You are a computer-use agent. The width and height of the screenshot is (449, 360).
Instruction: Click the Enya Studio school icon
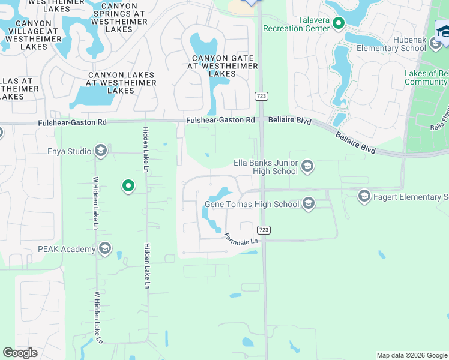pyautogui.click(x=100, y=151)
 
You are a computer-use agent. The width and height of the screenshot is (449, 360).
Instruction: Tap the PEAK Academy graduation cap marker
pyautogui.click(x=105, y=249)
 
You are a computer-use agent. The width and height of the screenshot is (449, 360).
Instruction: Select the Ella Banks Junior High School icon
pyautogui.click(x=307, y=166)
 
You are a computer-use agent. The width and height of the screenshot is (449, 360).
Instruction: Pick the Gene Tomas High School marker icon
pyautogui.click(x=309, y=204)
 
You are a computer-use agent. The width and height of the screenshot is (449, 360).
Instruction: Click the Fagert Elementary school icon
pyautogui.click(x=364, y=196)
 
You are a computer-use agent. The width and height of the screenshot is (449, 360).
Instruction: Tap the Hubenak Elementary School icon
pyautogui.click(x=435, y=43)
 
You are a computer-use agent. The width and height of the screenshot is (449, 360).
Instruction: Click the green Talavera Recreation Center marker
pyautogui.click(x=339, y=24)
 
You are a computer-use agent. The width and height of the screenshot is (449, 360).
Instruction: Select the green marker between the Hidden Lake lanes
pyautogui.click(x=128, y=187)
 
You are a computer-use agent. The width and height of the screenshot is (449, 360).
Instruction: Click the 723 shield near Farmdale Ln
pyautogui.click(x=263, y=230)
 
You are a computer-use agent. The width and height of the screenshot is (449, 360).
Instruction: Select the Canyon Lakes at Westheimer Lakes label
pyautogui.click(x=121, y=83)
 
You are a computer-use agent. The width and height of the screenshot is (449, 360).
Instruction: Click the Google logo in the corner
pyautogui.click(x=20, y=353)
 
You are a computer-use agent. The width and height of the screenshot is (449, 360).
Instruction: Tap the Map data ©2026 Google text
pyautogui.click(x=411, y=355)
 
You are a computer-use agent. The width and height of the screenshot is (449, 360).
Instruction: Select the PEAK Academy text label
pyautogui.click(x=66, y=249)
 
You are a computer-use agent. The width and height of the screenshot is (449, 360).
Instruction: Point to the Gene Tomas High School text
pyautogui.click(x=252, y=204)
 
